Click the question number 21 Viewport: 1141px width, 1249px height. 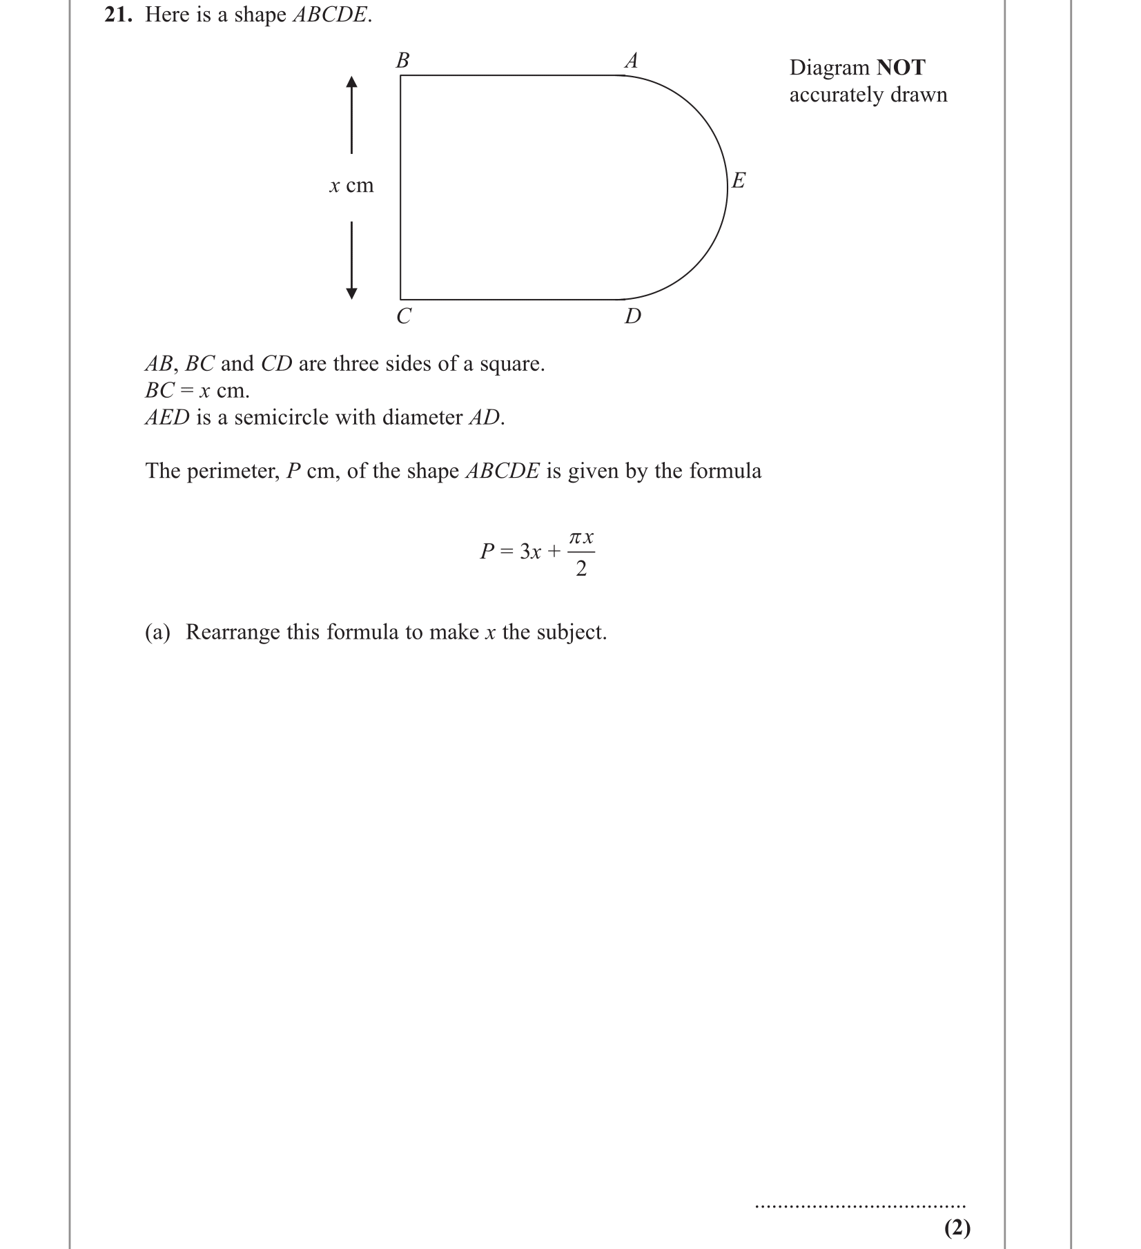117,15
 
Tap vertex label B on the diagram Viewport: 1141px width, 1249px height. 402,61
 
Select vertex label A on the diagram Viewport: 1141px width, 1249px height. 631,61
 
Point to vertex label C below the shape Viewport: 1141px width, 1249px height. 404,316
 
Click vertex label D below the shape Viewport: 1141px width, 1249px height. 632,316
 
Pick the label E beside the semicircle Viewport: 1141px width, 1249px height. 739,181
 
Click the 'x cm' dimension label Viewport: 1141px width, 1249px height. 351,186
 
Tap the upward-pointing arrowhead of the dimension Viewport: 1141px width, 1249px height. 351,83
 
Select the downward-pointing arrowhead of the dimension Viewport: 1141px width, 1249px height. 351,293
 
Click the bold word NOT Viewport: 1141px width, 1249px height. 901,68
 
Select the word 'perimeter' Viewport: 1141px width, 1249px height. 231,471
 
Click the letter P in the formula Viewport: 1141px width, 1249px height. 487,552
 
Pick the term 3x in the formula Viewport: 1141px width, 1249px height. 530,552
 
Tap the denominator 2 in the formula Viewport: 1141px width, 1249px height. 581,569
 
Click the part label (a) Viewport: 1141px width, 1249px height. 157,632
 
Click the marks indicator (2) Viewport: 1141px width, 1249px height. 957,1227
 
